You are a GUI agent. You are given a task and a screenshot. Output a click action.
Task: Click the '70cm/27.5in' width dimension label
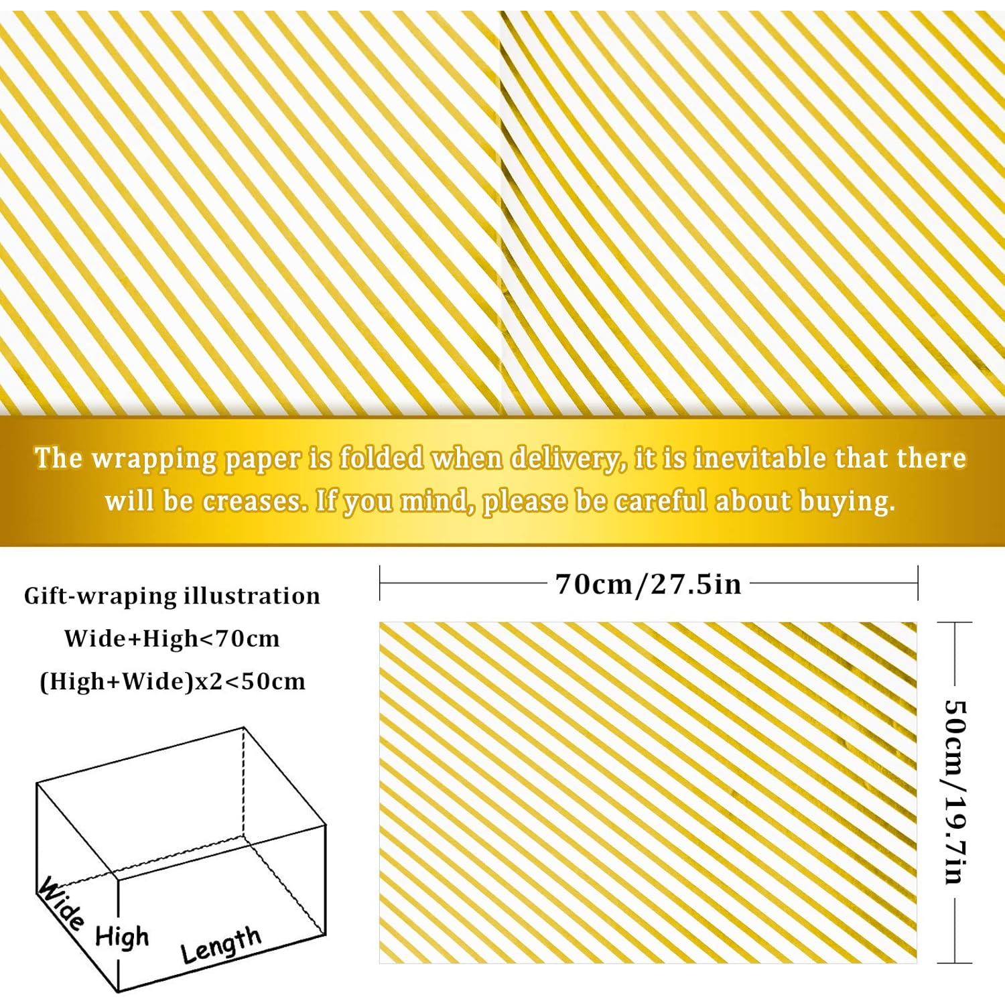click(x=649, y=584)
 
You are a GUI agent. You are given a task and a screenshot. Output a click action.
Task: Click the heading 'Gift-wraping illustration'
click(x=172, y=596)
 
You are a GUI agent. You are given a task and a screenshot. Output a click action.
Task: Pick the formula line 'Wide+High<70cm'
click(x=172, y=639)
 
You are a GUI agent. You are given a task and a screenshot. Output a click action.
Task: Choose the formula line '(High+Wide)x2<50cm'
click(x=172, y=681)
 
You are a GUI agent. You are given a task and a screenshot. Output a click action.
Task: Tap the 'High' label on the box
click(x=121, y=936)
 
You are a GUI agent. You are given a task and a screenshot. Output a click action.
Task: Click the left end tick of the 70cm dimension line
click(x=380, y=583)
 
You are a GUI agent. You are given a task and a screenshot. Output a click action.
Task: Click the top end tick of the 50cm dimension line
click(x=954, y=622)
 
